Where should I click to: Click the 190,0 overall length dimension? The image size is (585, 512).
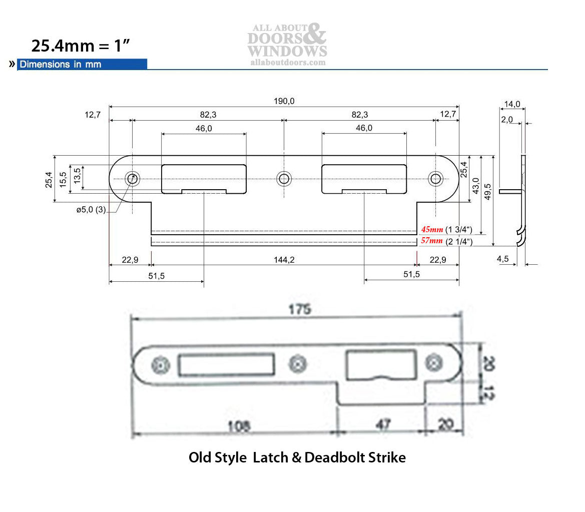284,101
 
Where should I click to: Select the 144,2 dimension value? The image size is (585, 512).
284,260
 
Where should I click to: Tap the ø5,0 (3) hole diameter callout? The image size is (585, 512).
91,210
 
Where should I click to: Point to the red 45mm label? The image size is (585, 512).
432,229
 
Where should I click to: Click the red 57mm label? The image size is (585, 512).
432,241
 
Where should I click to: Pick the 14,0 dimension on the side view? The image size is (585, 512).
511,104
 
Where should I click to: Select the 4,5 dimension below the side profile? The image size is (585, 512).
503,259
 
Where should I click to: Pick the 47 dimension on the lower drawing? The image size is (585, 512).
383,424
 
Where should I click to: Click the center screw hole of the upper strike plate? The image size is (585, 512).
284,178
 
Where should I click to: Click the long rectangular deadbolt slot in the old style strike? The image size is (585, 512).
226,364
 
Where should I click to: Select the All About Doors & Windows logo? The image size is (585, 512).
287,44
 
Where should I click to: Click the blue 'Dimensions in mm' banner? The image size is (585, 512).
82,64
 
